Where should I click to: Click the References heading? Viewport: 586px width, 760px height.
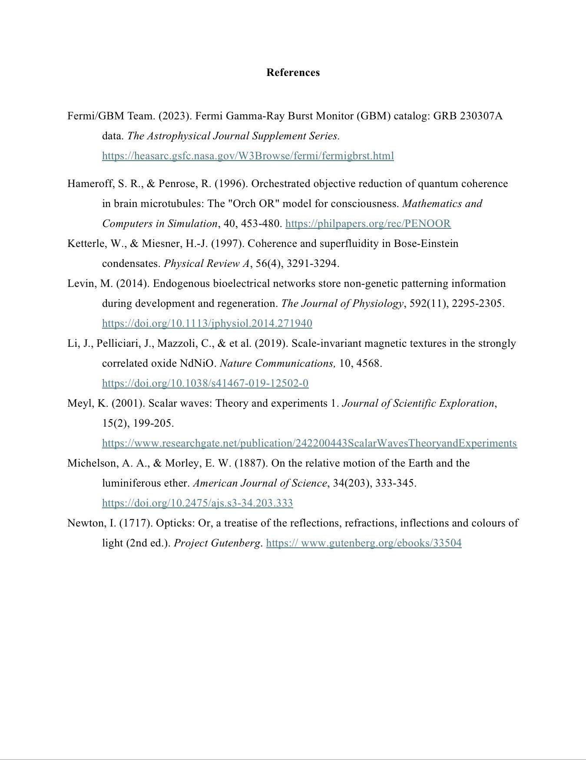(293, 72)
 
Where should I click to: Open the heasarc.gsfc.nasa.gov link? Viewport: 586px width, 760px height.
(248, 156)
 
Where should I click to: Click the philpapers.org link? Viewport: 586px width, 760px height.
(368, 224)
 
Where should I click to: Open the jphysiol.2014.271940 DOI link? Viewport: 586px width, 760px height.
(207, 323)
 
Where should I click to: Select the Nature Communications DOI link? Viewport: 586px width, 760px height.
(205, 383)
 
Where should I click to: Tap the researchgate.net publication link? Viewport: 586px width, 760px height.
(309, 443)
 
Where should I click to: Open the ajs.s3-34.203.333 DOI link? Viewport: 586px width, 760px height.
(197, 503)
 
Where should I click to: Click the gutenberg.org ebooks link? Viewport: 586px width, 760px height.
(364, 543)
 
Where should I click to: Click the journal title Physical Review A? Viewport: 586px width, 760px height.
(207, 263)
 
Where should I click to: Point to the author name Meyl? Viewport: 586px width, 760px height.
(80, 403)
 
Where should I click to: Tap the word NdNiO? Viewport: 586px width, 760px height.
(198, 363)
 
